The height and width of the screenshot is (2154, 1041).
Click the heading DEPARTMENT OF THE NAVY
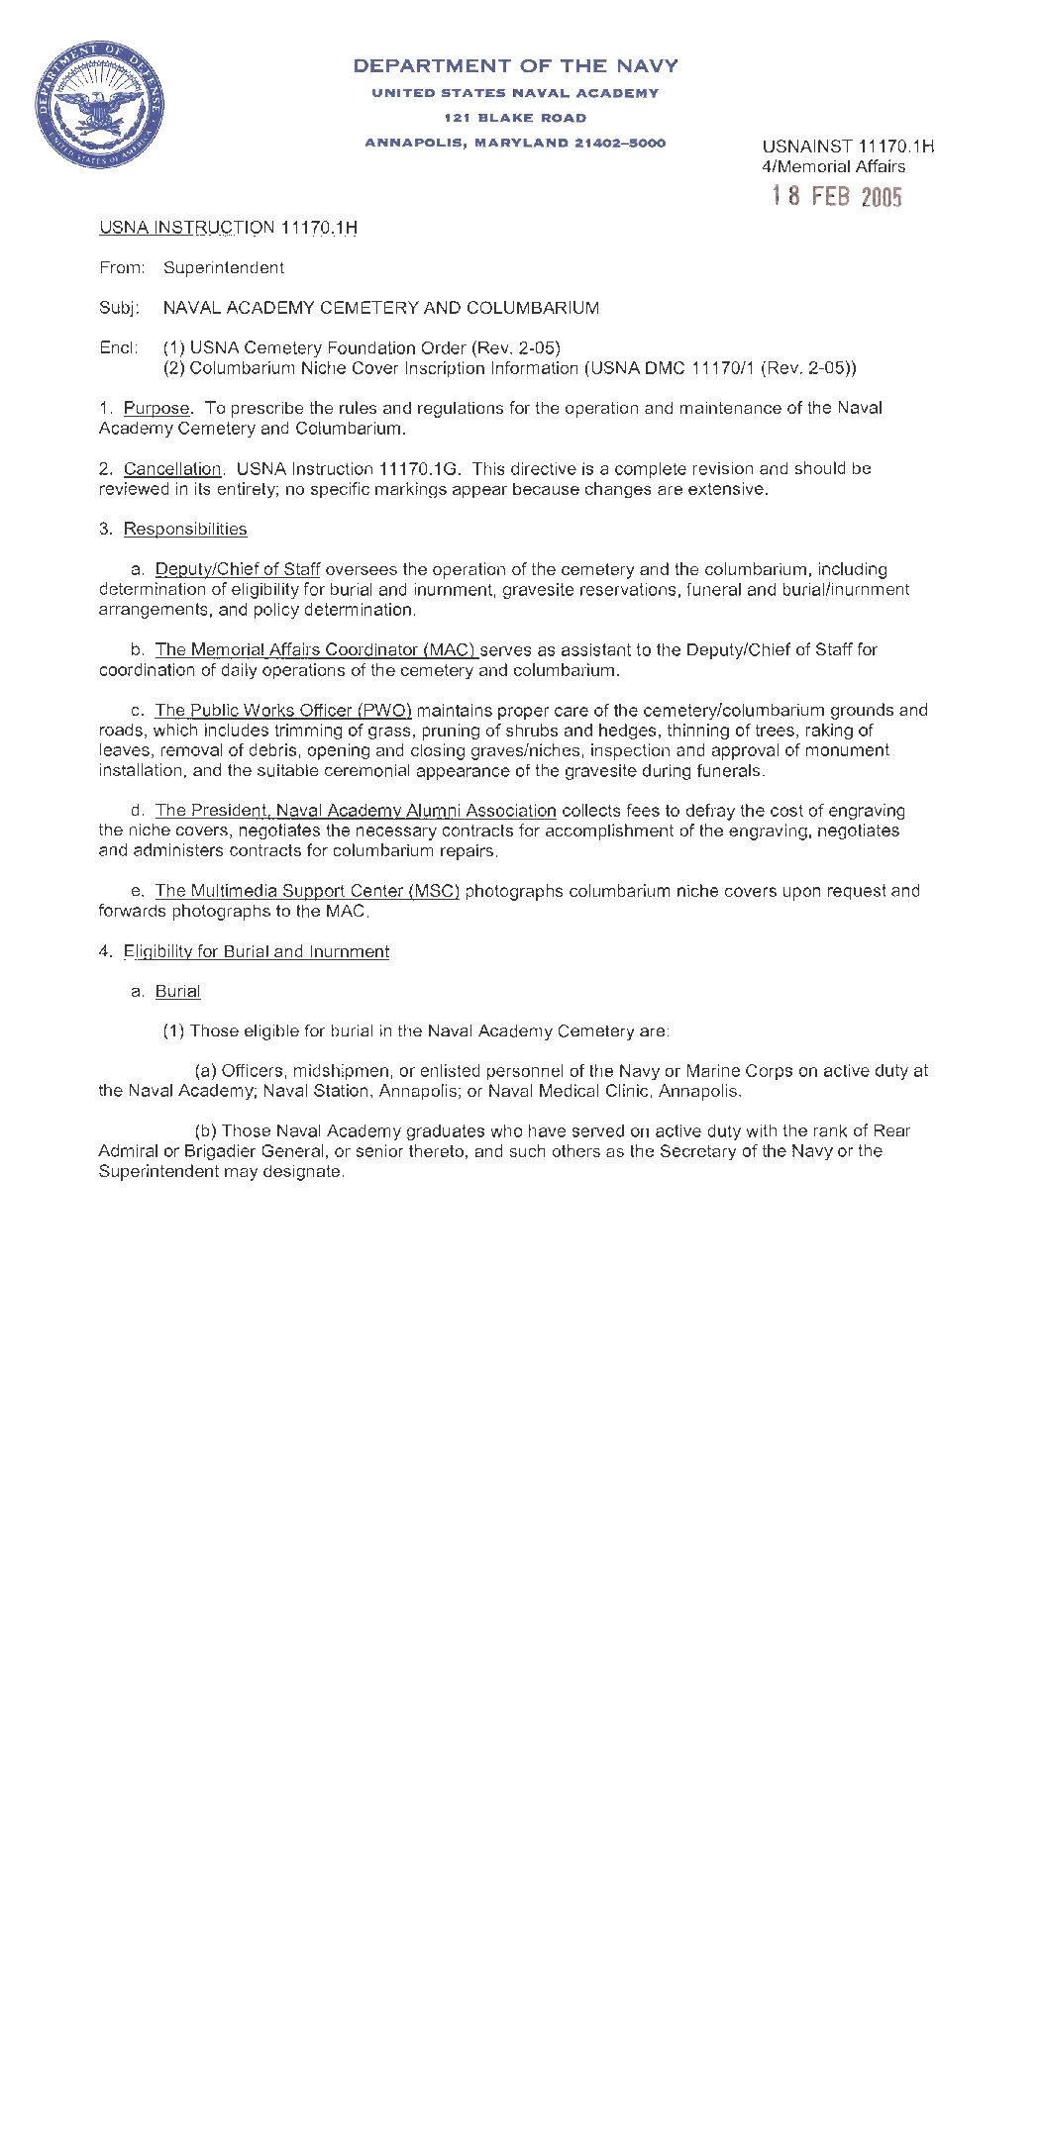point(515,66)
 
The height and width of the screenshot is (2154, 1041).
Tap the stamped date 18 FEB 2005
point(837,196)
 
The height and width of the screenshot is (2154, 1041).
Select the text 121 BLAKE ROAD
point(515,118)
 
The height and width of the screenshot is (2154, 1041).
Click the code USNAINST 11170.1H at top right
point(848,147)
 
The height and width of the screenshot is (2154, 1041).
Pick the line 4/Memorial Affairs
point(833,166)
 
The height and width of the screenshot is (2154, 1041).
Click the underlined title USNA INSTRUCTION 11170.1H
point(228,228)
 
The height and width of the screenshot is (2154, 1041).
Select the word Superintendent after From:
point(224,267)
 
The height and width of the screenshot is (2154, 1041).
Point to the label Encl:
point(119,347)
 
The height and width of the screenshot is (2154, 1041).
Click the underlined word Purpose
point(156,408)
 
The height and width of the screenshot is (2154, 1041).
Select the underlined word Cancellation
point(172,468)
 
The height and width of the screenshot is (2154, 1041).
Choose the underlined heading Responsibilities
point(185,529)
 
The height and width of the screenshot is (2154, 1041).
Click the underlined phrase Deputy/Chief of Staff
point(238,569)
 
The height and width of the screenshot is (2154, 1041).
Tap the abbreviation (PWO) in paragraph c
point(384,710)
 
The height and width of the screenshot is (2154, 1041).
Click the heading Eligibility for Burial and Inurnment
point(256,951)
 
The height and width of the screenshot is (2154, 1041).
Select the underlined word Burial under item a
point(177,991)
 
